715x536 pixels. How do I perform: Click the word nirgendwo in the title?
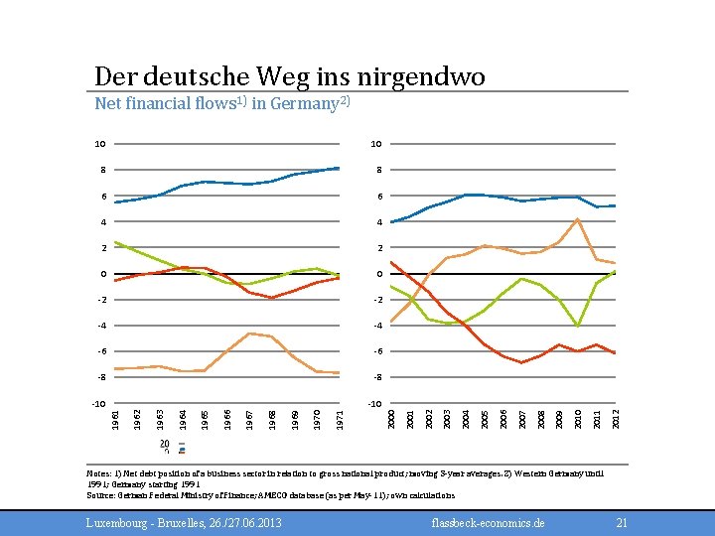coord(430,76)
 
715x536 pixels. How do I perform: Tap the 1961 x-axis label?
coord(116,412)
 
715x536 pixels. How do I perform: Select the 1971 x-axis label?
coord(340,412)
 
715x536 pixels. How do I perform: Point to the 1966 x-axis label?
coord(228,412)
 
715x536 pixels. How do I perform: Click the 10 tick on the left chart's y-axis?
coord(100,144)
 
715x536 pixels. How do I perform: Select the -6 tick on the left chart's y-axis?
coord(100,350)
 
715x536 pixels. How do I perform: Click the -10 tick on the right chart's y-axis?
coord(374,403)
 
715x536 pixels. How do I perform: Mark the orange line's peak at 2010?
coord(578,218)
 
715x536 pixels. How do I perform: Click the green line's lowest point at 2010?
coord(578,326)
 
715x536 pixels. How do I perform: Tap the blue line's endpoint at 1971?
coord(340,168)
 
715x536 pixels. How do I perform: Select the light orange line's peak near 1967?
coord(250,333)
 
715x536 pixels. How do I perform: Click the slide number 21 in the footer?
coord(623,522)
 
